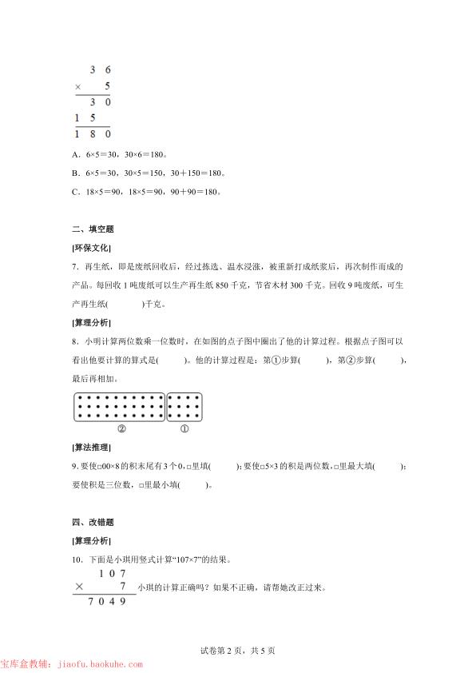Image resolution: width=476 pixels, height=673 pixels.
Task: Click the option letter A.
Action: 75,154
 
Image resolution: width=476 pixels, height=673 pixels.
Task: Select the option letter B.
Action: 75,173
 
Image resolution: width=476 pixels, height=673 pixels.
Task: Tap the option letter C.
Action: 75,191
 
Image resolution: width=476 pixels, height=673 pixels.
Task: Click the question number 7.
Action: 74,267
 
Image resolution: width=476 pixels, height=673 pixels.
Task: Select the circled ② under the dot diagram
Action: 121,428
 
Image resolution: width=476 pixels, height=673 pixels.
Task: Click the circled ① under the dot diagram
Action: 184,428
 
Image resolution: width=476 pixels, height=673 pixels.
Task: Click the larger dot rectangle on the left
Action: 119,407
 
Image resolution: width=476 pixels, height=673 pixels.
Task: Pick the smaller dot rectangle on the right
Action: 185,407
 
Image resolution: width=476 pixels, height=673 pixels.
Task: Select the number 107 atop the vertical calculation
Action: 113,573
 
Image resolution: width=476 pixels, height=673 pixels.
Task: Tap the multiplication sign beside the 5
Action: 78,86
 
